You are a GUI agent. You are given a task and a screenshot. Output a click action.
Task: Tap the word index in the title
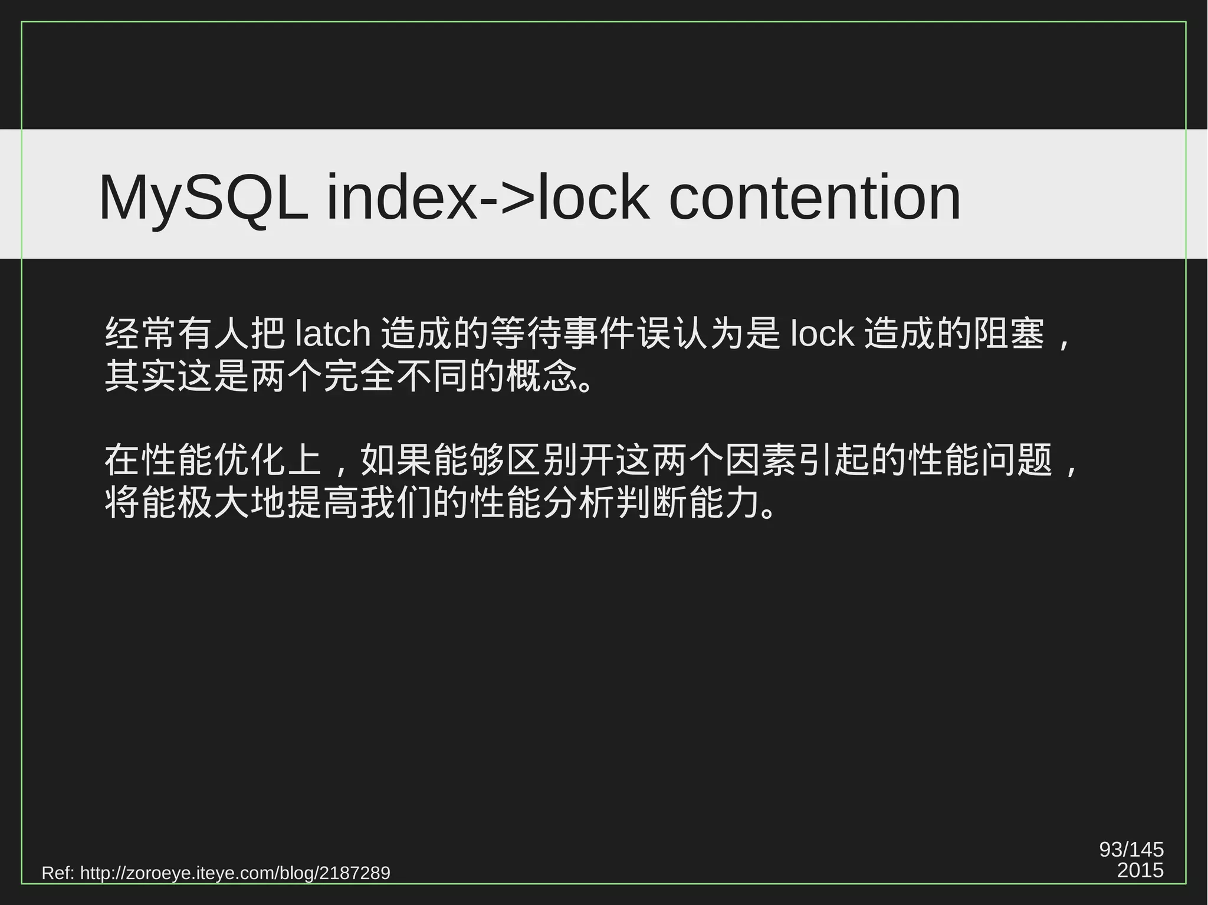click(401, 198)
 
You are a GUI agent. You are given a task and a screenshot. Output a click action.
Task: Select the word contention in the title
click(815, 198)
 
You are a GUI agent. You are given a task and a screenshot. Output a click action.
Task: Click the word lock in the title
click(593, 198)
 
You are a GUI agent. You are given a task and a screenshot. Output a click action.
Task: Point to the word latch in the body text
click(333, 334)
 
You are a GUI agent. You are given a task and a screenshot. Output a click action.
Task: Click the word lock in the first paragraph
click(822, 334)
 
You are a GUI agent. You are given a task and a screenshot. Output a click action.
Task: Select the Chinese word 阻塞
click(1009, 334)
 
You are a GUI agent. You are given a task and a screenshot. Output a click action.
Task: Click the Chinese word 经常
click(140, 334)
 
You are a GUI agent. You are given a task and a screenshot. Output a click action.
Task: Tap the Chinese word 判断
click(651, 503)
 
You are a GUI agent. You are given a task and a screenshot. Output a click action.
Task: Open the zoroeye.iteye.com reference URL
click(235, 873)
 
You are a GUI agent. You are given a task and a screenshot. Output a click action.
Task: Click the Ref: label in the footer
click(58, 873)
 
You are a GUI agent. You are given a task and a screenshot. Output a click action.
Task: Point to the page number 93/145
click(1131, 850)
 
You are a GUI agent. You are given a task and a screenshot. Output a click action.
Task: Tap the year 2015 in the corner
click(1140, 870)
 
